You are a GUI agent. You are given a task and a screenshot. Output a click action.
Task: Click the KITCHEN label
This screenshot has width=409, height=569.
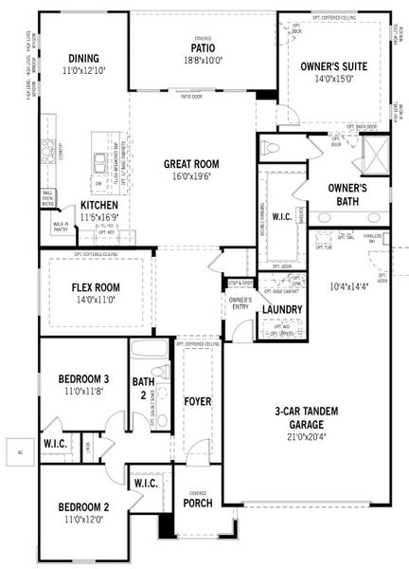(x=98, y=204)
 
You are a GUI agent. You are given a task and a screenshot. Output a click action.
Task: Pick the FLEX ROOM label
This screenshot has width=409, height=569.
(x=94, y=286)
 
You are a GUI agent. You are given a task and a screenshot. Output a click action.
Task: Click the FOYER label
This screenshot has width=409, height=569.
(x=197, y=400)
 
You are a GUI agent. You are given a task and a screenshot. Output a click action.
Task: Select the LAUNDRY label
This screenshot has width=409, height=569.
(x=281, y=309)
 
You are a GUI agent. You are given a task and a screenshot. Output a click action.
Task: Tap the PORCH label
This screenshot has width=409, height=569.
(x=197, y=503)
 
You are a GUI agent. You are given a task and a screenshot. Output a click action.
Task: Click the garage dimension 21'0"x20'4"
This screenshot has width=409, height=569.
(x=308, y=437)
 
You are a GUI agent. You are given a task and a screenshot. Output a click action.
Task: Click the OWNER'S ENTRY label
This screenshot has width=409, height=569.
(x=239, y=304)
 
